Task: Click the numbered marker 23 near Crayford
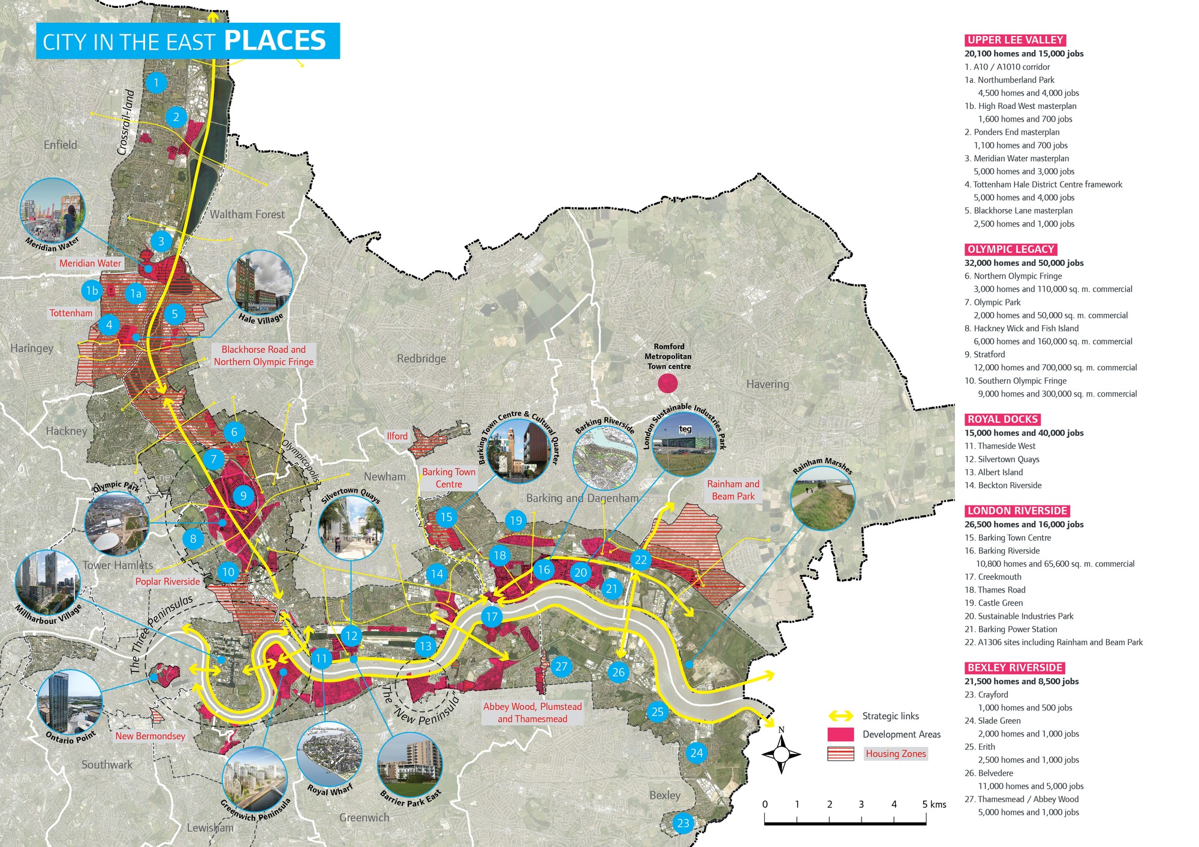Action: tap(683, 823)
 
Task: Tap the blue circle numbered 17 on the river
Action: tap(492, 616)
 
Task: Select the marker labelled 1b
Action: tap(92, 291)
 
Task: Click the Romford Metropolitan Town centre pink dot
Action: tap(668, 383)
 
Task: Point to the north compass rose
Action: tap(781, 754)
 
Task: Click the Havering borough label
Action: tap(767, 385)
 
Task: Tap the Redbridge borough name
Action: tap(421, 359)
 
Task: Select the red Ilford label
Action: tap(397, 436)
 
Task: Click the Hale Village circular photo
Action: tap(260, 283)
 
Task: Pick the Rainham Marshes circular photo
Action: tap(823, 498)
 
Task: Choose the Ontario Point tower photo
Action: tap(69, 702)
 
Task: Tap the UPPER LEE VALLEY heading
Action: tap(1015, 40)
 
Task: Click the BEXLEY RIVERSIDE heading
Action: tap(1014, 668)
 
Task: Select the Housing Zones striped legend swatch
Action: tap(840, 754)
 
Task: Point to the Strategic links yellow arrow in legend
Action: tap(840, 716)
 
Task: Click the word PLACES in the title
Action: tap(275, 41)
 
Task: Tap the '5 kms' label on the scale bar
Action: tap(934, 804)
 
